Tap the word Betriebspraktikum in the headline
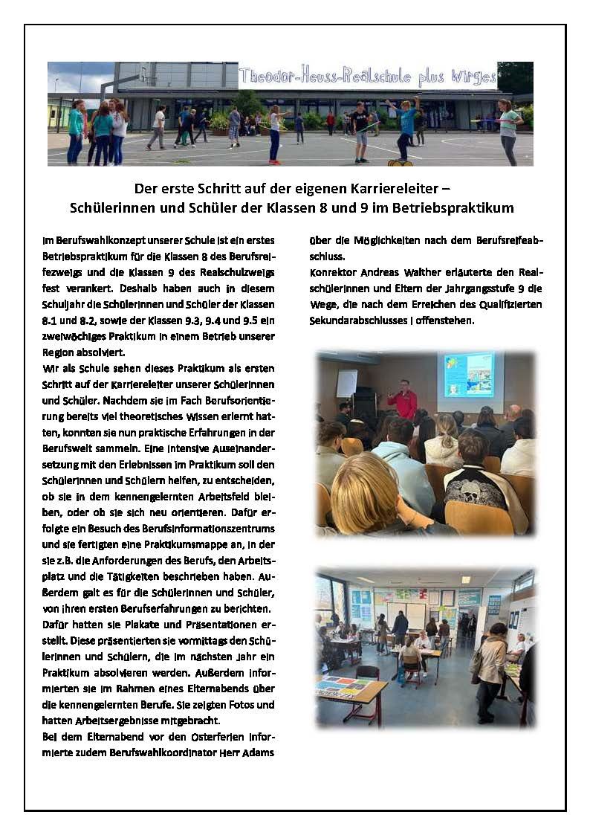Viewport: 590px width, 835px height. [x=455, y=208]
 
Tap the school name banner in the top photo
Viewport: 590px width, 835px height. [x=367, y=76]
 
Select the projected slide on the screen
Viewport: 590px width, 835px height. [x=469, y=374]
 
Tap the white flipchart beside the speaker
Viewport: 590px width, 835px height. [x=347, y=384]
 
